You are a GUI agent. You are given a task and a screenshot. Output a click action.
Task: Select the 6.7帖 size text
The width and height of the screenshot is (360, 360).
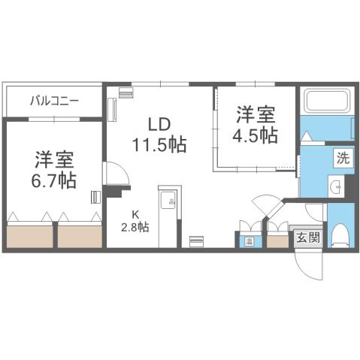53,180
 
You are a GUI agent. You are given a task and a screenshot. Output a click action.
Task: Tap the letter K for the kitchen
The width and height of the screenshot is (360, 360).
136,213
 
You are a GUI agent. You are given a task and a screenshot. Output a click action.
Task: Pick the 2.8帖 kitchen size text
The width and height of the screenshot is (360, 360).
136,227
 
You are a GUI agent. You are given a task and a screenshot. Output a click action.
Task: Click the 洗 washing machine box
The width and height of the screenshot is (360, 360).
342,159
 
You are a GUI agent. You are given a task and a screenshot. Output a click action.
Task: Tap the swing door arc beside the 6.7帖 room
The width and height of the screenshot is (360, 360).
113,174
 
